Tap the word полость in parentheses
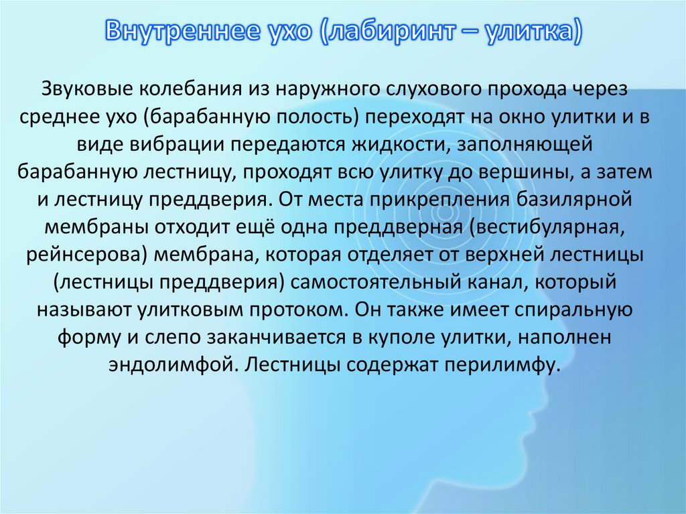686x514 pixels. click(322, 117)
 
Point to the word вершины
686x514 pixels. click(525, 172)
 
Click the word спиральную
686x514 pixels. click(573, 310)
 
